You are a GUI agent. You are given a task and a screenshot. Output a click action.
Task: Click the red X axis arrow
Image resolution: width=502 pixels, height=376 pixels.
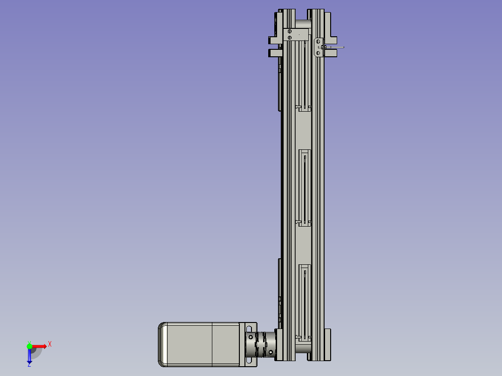40,346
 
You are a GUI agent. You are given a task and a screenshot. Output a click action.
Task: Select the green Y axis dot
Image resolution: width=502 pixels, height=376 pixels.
29,346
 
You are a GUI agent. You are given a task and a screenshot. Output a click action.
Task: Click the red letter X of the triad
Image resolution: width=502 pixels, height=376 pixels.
50,344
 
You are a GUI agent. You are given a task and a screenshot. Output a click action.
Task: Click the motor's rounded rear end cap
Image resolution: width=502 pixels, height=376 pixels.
163,344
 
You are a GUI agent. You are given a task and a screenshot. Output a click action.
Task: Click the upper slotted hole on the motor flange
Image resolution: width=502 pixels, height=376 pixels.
251,329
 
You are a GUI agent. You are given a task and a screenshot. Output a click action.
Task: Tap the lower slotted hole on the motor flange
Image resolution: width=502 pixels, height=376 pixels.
251,361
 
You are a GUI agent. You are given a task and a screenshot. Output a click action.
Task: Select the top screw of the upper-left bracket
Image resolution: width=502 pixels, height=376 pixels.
290,32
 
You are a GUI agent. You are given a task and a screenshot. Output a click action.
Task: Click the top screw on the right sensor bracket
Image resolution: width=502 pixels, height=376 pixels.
318,41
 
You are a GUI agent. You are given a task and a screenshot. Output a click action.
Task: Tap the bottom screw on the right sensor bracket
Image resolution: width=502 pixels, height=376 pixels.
318,53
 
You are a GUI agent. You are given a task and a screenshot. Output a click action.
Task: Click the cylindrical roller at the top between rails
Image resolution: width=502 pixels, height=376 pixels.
303,23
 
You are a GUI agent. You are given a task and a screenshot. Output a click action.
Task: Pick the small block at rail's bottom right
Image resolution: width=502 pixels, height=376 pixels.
328,335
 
